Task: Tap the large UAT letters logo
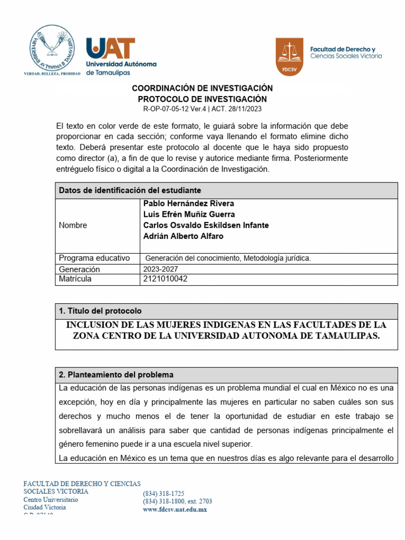[111, 48]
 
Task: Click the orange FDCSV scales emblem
[290, 56]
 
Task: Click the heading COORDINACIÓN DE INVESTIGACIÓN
[202, 88]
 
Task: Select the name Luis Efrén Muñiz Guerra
[189, 215]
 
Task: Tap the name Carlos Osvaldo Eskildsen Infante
[206, 225]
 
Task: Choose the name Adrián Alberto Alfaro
[183, 236]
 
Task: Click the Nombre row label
[73, 225]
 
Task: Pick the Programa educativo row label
[94, 258]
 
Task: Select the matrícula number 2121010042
[165, 279]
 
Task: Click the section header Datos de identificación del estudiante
[130, 190]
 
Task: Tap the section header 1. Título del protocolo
[100, 311]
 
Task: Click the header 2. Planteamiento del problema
[116, 375]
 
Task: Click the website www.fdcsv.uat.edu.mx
[175, 509]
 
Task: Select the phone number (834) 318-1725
[163, 494]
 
